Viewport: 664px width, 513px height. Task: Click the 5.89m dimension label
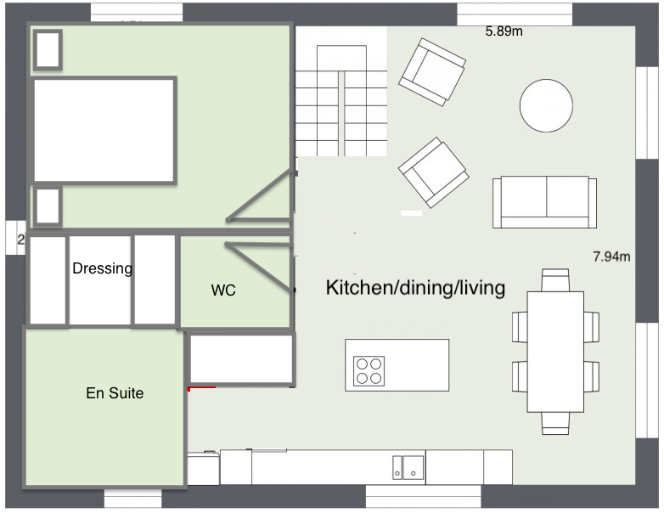504,31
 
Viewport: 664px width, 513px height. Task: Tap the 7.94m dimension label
611,256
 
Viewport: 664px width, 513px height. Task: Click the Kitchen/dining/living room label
415,288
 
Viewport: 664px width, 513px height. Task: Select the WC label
223,290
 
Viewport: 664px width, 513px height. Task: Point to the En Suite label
115,393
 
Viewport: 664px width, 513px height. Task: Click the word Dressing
102,268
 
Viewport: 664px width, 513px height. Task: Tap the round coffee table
546,105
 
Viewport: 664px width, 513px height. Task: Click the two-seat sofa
544,202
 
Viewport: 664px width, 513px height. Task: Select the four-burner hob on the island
369,370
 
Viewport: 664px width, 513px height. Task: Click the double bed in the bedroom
104,131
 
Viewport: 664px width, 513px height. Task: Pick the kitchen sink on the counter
408,467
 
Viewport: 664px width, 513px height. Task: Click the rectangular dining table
555,352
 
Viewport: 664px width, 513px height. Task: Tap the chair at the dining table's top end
555,280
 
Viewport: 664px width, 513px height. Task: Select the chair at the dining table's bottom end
555,423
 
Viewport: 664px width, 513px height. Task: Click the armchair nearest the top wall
432,72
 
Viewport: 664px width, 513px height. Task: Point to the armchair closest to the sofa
434,172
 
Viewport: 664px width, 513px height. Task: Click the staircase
341,101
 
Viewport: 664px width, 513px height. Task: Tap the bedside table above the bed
48,49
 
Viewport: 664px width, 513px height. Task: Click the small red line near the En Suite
202,387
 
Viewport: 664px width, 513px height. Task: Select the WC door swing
258,266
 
